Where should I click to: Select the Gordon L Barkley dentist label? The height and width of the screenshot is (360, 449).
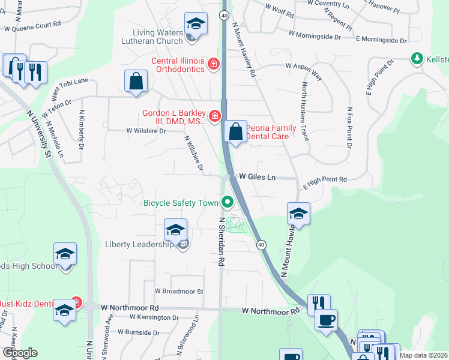pos(173,116)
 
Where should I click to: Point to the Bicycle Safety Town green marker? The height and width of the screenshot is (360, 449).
pos(228,202)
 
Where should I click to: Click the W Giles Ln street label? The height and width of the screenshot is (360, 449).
pos(258,177)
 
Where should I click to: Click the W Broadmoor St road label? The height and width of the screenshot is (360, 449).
pos(179,291)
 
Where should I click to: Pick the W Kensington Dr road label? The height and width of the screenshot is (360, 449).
pos(154,317)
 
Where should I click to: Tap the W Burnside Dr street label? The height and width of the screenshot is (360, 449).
pos(139,332)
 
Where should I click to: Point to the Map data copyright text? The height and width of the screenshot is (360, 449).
pos(424,355)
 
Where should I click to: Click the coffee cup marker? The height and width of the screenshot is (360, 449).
pos(326,319)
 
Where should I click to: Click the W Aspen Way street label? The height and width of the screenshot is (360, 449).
pos(304,71)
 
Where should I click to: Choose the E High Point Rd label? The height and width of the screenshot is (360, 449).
pos(325,179)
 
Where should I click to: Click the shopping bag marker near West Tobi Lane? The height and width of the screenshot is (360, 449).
pos(137,81)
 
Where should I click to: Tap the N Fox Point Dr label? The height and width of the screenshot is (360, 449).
pos(349,128)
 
